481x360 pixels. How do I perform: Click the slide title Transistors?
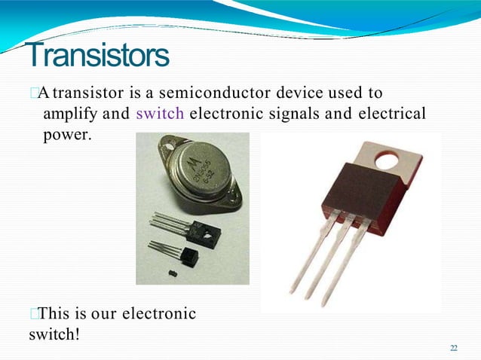point(97,55)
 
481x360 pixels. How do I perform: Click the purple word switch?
point(160,114)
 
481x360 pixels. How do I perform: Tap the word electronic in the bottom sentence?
point(158,313)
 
